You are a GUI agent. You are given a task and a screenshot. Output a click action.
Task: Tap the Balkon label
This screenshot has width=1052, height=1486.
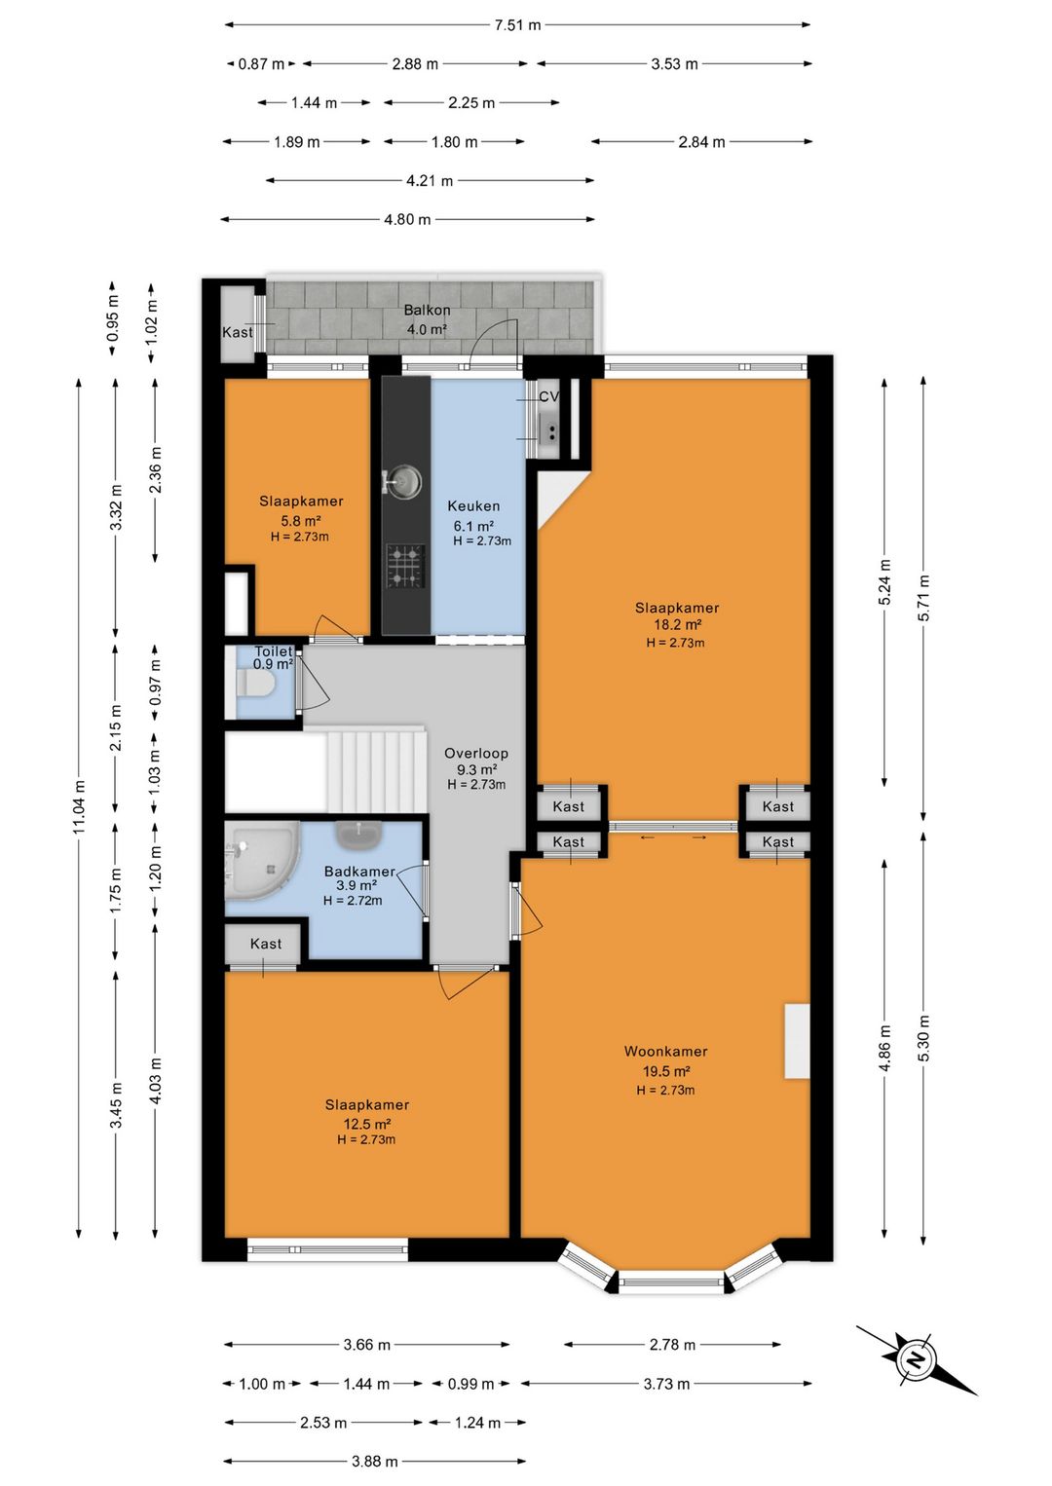tap(427, 310)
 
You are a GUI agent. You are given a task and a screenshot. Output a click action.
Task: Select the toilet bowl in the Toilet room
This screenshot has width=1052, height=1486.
tap(256, 683)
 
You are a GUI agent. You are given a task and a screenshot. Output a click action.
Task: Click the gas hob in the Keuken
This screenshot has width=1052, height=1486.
tap(405, 566)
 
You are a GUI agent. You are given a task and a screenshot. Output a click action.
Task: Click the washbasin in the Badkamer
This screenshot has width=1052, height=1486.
tap(359, 835)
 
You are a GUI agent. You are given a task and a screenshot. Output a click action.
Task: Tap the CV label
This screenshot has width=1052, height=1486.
tap(549, 396)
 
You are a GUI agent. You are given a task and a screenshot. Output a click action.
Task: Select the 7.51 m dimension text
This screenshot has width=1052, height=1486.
tap(517, 25)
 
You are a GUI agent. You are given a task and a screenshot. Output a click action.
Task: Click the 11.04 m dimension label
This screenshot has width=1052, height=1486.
tap(79, 806)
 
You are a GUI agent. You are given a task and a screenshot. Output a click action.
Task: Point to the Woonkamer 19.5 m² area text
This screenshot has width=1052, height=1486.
tap(665, 1071)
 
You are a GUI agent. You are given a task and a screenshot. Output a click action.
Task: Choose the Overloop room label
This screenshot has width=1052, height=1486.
tap(476, 753)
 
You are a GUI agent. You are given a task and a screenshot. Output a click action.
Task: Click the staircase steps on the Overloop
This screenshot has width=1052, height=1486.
tap(375, 769)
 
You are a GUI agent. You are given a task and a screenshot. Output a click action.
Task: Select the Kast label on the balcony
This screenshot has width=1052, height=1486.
tap(238, 332)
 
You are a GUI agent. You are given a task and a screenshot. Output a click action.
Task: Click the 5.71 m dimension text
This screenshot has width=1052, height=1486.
tap(923, 598)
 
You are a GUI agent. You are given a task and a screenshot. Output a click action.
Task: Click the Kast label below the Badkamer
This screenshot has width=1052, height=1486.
tap(266, 944)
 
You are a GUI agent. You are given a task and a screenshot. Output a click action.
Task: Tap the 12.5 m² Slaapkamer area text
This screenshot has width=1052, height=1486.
tap(366, 1124)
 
